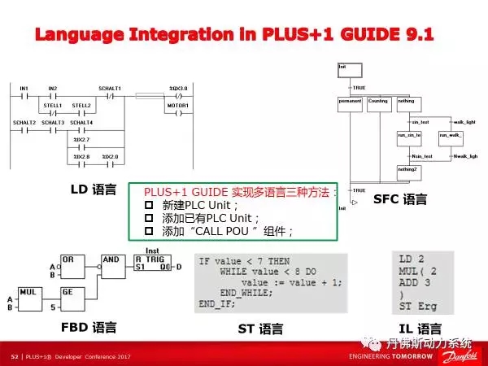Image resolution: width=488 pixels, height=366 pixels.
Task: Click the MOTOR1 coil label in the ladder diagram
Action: click(x=178, y=105)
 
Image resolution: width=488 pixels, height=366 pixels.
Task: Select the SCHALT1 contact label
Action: click(x=109, y=88)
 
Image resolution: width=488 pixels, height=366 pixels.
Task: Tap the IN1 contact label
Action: click(x=24, y=88)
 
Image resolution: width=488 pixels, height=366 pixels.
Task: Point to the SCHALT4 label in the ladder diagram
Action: click(x=81, y=122)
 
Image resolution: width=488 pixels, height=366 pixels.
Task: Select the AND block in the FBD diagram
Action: click(x=111, y=261)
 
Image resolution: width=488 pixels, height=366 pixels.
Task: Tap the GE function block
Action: click(x=68, y=292)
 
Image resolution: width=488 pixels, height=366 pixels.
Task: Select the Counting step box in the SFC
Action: click(x=377, y=102)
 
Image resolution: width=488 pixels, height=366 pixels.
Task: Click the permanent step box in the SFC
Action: click(x=350, y=102)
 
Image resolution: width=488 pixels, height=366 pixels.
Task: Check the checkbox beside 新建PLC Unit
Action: click(x=149, y=206)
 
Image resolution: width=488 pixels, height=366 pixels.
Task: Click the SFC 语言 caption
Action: click(x=399, y=200)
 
